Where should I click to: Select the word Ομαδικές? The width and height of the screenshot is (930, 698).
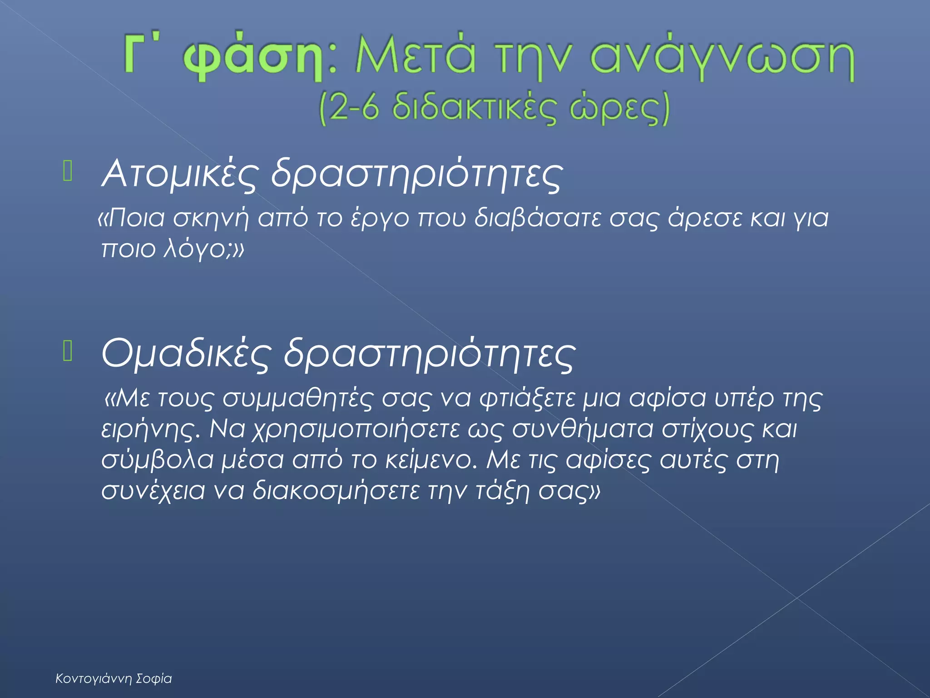[x=186, y=354]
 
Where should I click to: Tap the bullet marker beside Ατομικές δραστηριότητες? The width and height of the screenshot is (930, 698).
[x=68, y=172]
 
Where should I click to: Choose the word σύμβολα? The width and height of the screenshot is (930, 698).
[x=157, y=460]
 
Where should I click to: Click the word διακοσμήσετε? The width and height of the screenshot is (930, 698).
[x=336, y=491]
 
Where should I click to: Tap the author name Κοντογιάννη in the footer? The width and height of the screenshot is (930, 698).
[x=94, y=679]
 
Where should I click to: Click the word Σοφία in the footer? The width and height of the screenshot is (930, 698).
[x=154, y=679]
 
